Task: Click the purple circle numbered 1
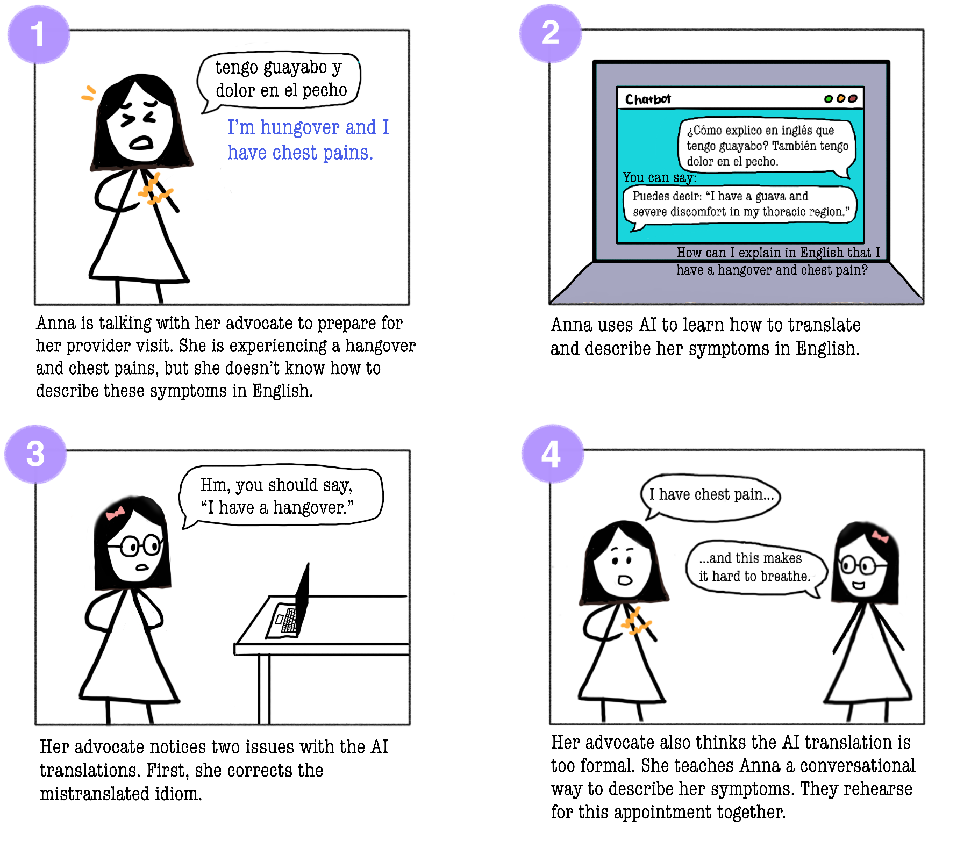(38, 35)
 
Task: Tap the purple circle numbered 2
(550, 33)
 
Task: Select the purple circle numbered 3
(35, 455)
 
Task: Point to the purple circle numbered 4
(552, 454)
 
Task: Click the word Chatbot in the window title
(647, 99)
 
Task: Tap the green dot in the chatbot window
(828, 99)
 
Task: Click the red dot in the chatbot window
(853, 99)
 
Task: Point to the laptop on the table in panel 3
(290, 607)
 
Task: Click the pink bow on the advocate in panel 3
(115, 513)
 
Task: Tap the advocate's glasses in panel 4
(862, 566)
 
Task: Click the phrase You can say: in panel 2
(659, 178)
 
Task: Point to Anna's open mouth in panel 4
(625, 580)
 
